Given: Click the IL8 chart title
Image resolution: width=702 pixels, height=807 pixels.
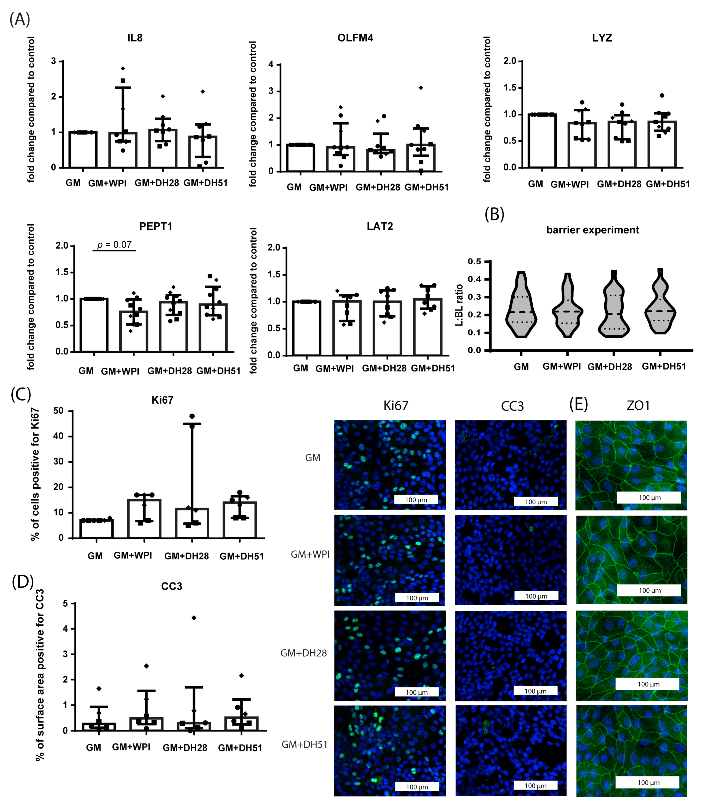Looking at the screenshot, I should point(135,38).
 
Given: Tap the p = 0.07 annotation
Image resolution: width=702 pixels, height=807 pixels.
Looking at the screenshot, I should point(114,245).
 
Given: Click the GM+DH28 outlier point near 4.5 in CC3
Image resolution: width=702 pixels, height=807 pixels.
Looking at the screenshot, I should point(193,618).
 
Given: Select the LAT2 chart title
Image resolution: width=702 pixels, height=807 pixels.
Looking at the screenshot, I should point(380,226).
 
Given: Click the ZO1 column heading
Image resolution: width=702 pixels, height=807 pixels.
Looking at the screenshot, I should point(638,406).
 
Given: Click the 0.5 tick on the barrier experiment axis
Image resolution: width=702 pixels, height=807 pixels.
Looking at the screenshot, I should point(475,261).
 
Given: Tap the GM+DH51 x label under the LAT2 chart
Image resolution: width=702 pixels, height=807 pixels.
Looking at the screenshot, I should point(433,368).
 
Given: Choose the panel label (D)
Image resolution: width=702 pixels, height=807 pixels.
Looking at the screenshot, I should point(23,582).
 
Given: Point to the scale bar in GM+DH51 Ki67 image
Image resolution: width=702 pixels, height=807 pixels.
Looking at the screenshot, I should point(417,787).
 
